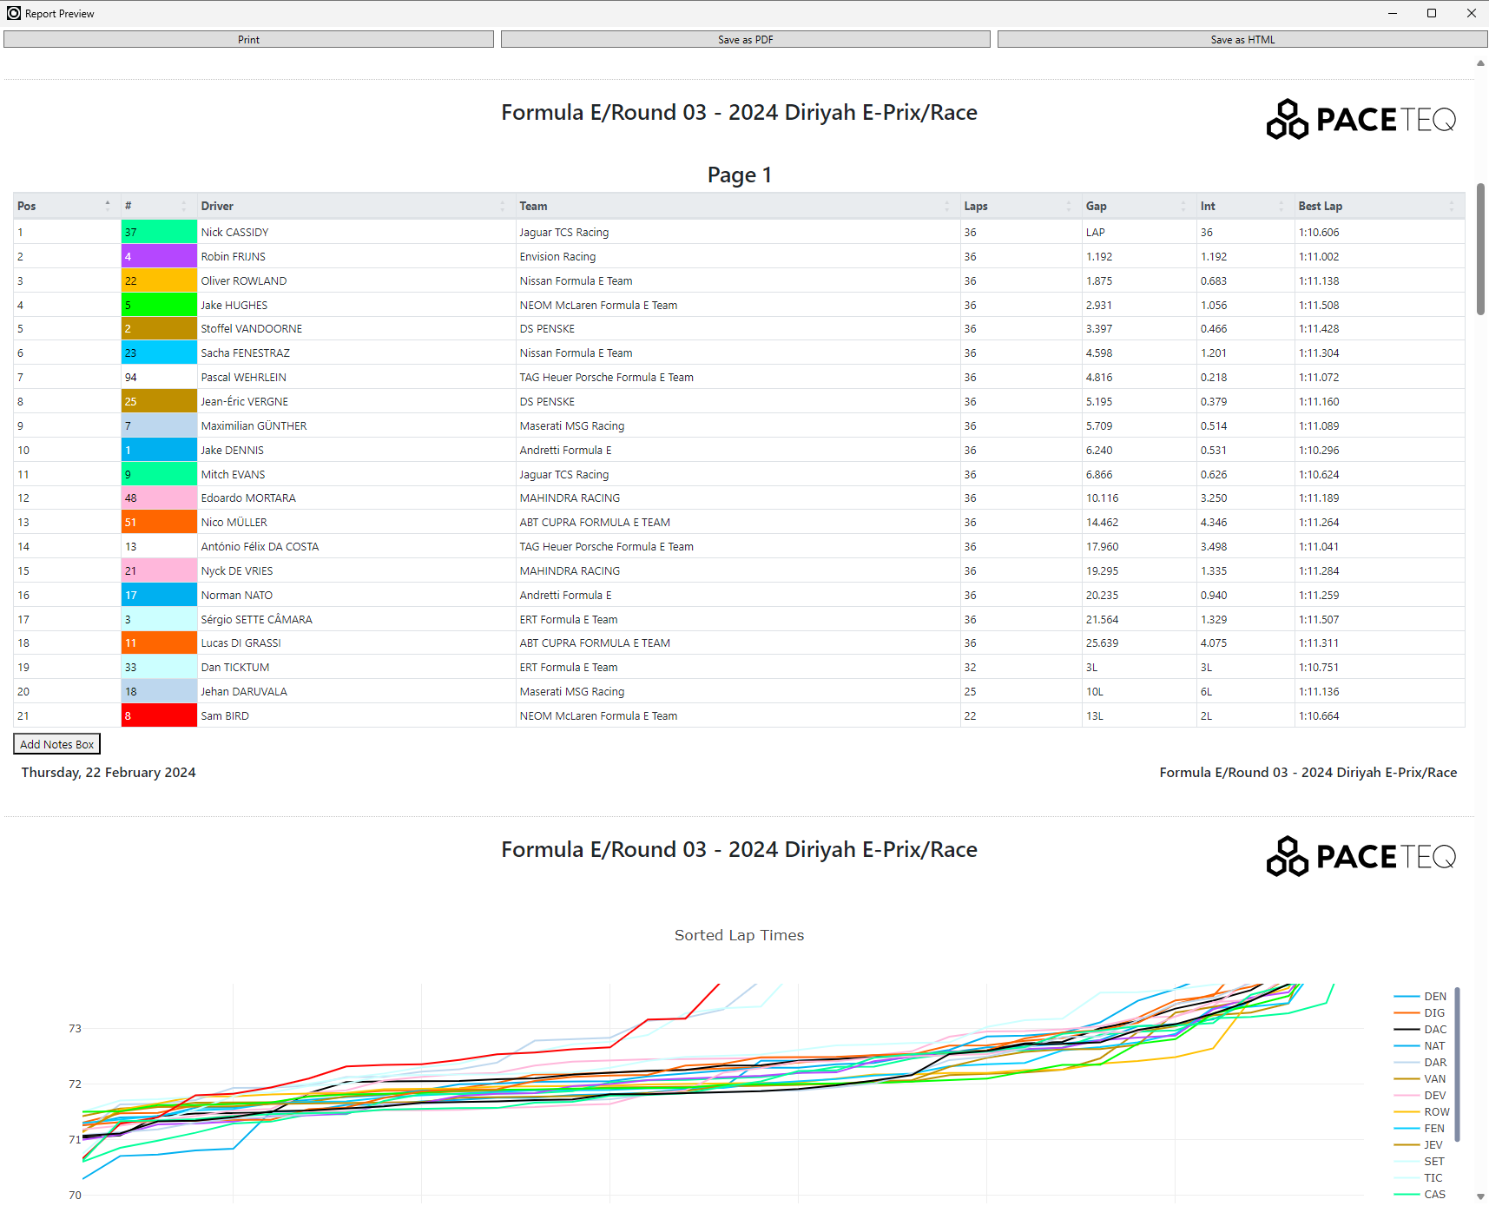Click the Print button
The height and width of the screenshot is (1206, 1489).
[248, 39]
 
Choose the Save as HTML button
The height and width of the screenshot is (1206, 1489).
[1242, 39]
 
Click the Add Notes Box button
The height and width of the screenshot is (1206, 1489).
[57, 744]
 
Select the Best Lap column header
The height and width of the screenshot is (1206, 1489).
[1320, 206]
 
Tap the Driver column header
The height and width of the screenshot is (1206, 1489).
[217, 206]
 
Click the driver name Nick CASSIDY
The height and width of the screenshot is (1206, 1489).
[234, 233]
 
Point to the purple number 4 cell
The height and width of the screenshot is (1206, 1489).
[159, 256]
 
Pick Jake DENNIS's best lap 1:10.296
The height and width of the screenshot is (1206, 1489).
[1319, 451]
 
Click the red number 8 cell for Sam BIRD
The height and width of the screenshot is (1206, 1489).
[159, 715]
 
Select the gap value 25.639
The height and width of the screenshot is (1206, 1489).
[1102, 643]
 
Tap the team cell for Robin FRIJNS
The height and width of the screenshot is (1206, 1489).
[557, 257]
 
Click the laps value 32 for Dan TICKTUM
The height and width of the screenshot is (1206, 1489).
[970, 668]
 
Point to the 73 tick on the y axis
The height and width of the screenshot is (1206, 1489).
[75, 1029]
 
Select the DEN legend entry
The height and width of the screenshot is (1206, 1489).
[1420, 997]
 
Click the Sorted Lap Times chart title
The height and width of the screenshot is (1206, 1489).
[739, 935]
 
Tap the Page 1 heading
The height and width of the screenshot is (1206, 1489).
[739, 175]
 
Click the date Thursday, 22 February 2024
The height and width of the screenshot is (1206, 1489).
[109, 773]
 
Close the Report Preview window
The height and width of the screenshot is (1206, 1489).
[1471, 13]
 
